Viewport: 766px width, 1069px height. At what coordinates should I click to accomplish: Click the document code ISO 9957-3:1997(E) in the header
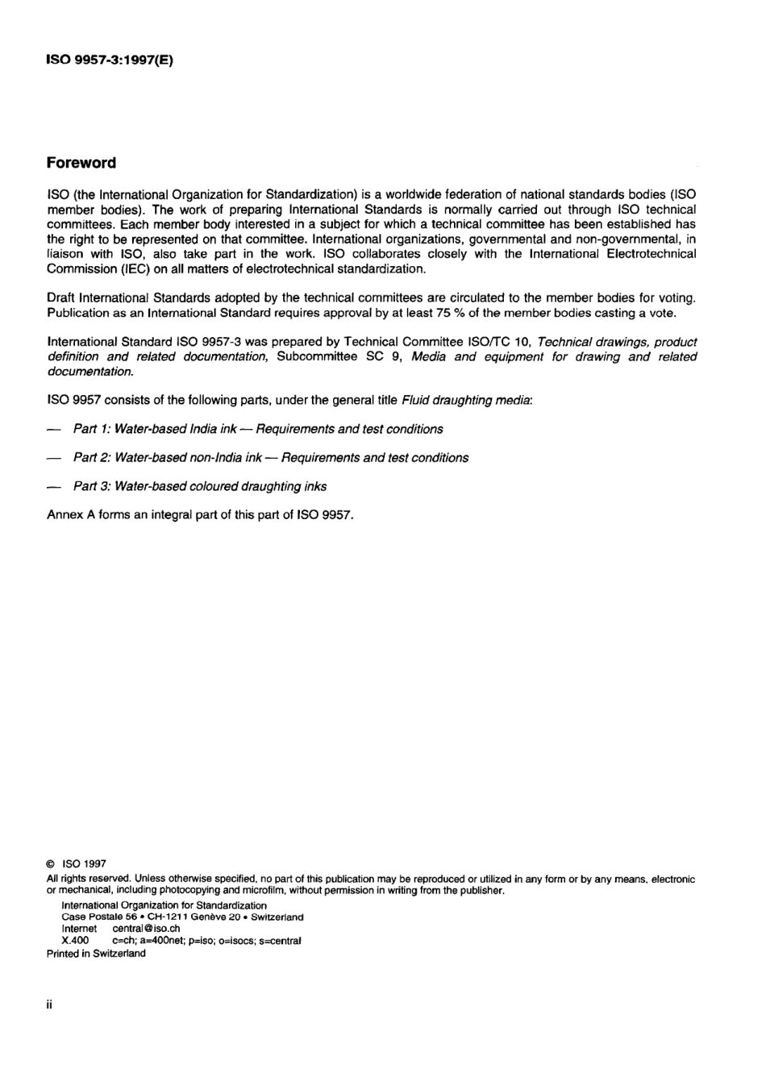point(110,60)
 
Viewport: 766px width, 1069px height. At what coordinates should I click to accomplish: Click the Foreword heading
point(81,163)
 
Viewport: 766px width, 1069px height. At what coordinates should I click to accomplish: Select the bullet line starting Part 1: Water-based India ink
point(257,429)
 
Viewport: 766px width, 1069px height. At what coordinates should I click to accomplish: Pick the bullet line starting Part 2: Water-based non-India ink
point(270,458)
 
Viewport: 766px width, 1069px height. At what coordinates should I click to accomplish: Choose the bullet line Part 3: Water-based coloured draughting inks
point(199,486)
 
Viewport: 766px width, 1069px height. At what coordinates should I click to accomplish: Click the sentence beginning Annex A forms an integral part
point(200,515)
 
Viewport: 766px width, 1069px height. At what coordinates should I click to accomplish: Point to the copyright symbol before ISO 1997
point(51,863)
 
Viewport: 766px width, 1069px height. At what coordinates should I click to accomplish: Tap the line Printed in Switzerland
point(96,953)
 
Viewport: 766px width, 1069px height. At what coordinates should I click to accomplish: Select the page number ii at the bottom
point(50,1005)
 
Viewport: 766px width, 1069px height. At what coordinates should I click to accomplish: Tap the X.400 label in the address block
point(75,941)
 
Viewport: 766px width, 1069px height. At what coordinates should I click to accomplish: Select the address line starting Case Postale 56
point(182,917)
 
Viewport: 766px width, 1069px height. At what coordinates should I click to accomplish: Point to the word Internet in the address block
point(79,929)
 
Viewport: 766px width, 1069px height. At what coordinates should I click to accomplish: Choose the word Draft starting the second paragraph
point(61,298)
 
